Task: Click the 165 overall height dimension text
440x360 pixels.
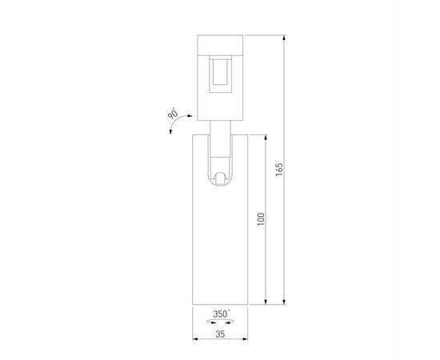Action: (x=279, y=171)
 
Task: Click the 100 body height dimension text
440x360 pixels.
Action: (x=261, y=218)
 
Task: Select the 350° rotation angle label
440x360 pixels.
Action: (x=221, y=314)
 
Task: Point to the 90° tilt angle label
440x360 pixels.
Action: (x=172, y=116)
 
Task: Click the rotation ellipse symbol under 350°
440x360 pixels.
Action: (x=220, y=322)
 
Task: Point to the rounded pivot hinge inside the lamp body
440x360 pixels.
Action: (x=220, y=178)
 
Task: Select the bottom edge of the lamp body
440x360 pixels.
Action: (x=220, y=304)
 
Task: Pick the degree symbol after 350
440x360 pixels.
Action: (x=230, y=311)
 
